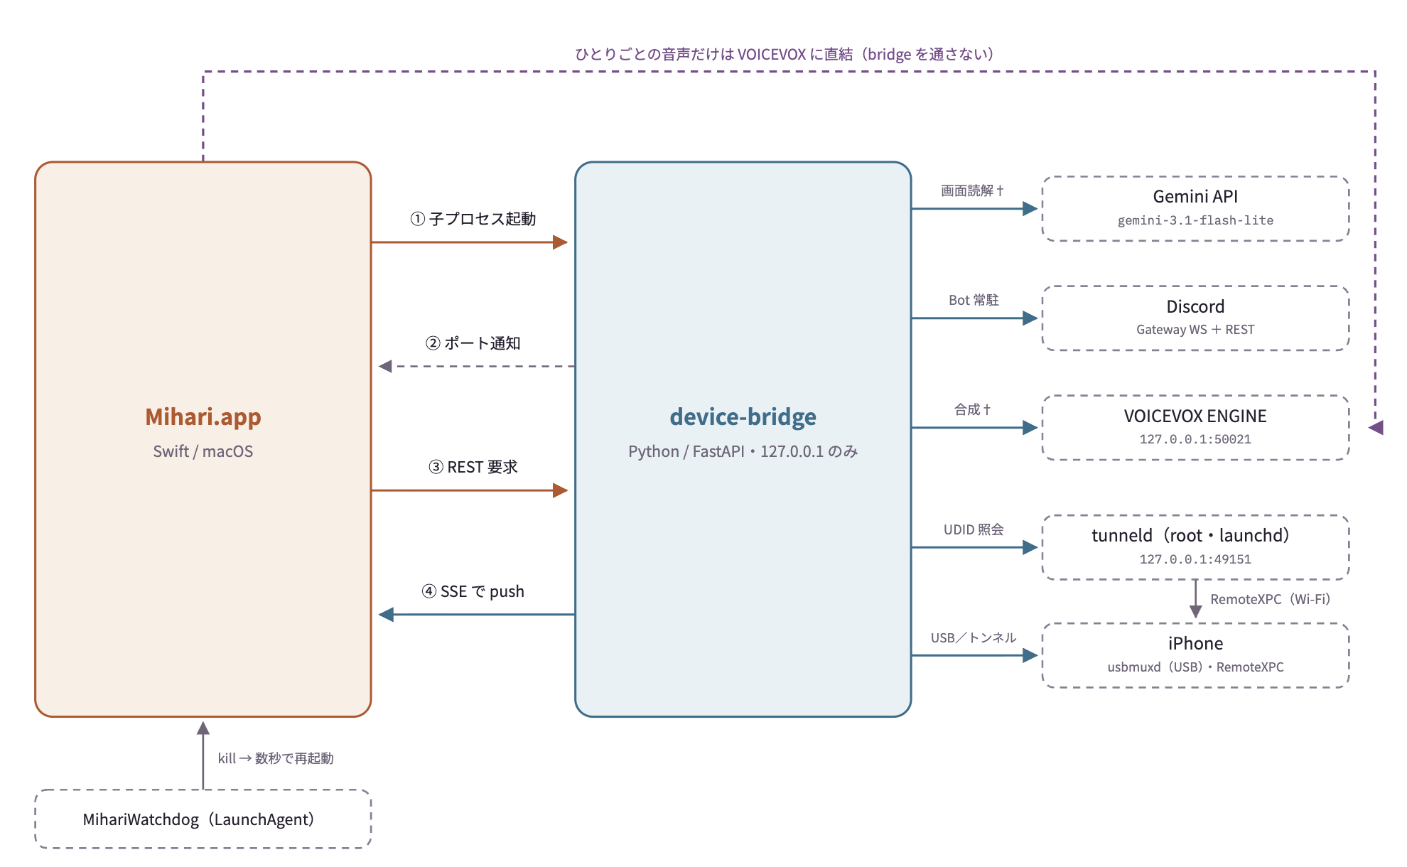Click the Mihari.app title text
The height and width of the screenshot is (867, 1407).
(x=203, y=416)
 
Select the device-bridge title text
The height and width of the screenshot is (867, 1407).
(x=743, y=416)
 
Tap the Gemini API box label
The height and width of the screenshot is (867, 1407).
(x=1195, y=196)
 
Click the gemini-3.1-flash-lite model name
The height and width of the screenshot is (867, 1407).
(x=1195, y=220)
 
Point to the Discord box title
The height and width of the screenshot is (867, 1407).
(x=1195, y=306)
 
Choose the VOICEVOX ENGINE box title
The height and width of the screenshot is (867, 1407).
(x=1195, y=416)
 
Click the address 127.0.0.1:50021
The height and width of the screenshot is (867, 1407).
(x=1195, y=439)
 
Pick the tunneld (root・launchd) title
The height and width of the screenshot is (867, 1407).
(x=1191, y=535)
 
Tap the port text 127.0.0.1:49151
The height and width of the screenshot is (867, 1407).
(x=1195, y=559)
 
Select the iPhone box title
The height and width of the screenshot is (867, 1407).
(x=1195, y=643)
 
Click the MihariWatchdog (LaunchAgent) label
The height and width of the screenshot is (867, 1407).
(x=199, y=819)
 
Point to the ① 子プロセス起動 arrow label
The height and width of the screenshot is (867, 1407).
(x=473, y=219)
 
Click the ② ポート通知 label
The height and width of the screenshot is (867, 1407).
(x=473, y=343)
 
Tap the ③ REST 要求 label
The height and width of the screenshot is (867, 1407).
(x=473, y=467)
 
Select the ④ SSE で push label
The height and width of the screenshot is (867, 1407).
(x=473, y=591)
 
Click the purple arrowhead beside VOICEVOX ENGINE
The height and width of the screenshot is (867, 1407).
(x=1376, y=427)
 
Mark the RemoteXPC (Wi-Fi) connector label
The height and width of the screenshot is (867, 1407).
(x=1271, y=599)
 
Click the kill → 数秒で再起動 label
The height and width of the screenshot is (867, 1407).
(x=276, y=758)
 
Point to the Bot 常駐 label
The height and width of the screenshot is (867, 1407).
(x=974, y=300)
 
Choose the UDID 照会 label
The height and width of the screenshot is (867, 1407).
(x=974, y=529)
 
